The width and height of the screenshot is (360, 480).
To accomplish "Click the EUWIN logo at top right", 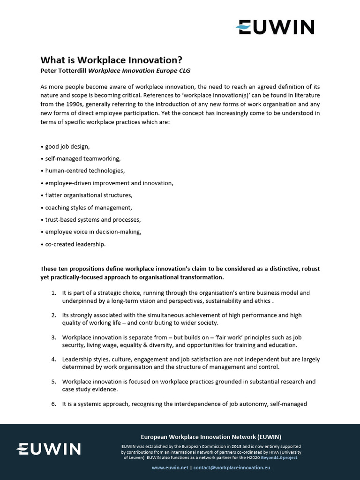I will point(275,27).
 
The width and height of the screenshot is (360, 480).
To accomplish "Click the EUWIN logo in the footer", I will point(48,449).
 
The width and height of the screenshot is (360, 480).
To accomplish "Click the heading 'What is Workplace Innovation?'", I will point(111,60).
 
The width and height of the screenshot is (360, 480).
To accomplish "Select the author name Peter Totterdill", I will point(63,70).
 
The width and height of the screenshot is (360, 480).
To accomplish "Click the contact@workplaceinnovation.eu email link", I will point(232,468).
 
